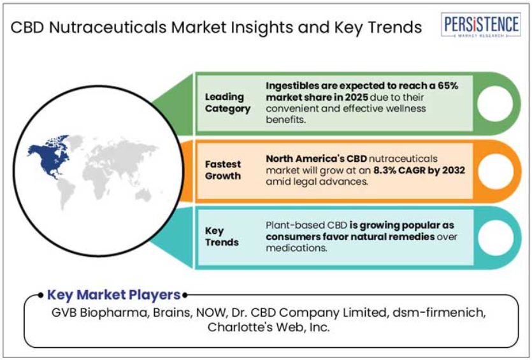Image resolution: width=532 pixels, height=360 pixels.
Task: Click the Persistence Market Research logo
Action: [x=481, y=25]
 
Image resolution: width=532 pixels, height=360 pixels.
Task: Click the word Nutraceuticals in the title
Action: [x=108, y=27]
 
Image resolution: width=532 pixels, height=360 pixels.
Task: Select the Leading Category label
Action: [x=227, y=103]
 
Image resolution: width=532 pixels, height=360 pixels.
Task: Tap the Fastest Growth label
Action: [x=223, y=170]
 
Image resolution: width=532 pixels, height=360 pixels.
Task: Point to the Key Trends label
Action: [x=222, y=236]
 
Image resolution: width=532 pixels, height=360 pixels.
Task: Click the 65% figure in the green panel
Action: [x=447, y=85]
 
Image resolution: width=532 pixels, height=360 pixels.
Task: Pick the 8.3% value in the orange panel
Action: [x=385, y=170]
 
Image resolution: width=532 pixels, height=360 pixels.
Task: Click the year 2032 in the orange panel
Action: [x=452, y=170]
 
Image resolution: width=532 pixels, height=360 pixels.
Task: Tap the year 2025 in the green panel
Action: [x=356, y=97]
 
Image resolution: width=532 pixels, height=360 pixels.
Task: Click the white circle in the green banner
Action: [x=495, y=103]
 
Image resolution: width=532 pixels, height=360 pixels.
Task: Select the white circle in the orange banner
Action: [x=496, y=171]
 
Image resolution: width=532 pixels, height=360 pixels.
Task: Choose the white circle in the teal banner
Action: [x=496, y=238]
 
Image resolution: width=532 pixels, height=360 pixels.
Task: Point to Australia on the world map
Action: [x=143, y=195]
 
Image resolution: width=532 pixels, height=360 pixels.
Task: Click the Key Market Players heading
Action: [x=113, y=295]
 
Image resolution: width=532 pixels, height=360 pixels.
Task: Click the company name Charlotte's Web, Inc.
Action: [x=269, y=327]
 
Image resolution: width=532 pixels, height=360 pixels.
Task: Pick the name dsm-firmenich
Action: [x=439, y=312]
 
